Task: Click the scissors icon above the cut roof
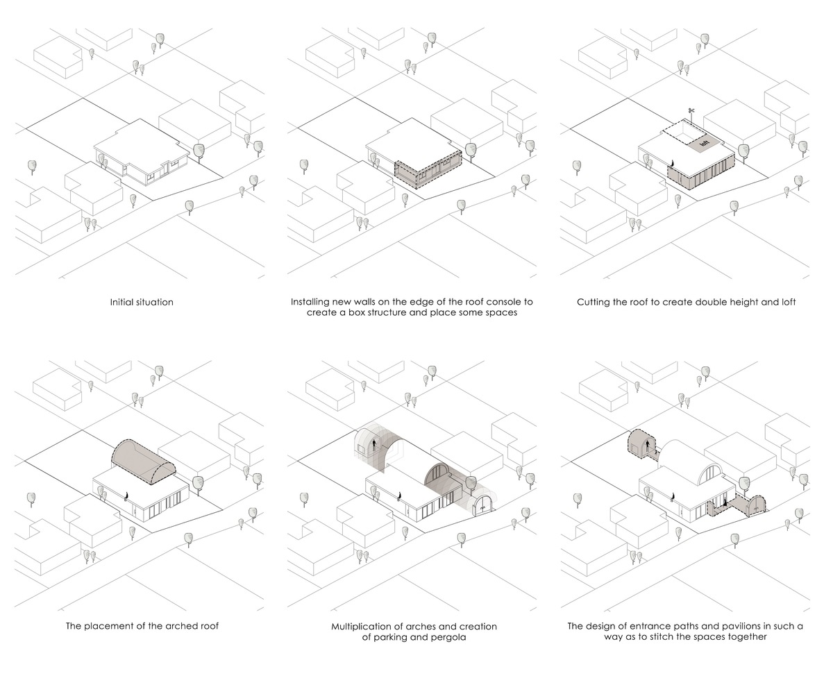[x=691, y=110]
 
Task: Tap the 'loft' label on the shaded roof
[x=704, y=143]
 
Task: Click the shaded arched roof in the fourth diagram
[x=144, y=463]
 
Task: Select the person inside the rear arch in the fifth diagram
[x=374, y=445]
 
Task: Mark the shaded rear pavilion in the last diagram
[x=641, y=445]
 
